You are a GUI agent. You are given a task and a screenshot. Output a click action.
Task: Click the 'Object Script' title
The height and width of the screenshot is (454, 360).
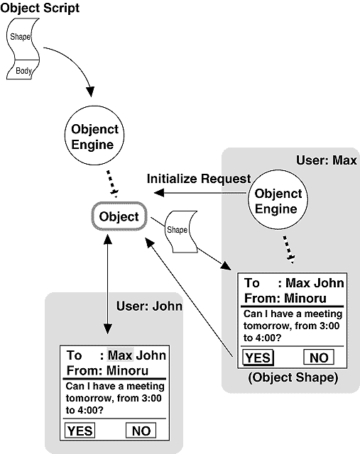point(40,8)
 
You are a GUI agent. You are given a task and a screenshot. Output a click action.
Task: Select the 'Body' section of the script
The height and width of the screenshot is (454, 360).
point(23,70)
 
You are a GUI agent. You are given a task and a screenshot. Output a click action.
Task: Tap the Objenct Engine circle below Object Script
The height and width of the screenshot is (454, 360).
point(94,135)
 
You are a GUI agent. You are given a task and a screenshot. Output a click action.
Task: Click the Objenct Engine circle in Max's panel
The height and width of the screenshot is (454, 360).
point(278,200)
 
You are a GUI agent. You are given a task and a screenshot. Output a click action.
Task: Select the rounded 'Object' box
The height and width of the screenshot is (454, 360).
point(119,216)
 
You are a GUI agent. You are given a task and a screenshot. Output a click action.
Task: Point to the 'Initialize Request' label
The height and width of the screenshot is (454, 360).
point(199,179)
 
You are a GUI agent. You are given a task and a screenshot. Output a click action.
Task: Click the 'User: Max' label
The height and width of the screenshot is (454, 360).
point(327,160)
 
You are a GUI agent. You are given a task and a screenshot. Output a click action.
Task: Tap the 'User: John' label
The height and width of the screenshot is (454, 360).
point(149,306)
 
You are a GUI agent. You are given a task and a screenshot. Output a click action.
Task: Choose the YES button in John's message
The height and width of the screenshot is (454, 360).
point(80,431)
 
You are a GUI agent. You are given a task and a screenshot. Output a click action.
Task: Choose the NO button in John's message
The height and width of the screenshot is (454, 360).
point(141,431)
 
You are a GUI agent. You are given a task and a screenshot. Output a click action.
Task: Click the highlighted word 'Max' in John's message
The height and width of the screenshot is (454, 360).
point(120,355)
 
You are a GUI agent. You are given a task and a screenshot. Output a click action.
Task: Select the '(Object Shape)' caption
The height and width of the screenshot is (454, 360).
point(293,377)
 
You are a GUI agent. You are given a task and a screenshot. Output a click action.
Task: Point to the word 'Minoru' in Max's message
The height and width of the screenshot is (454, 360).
point(305,298)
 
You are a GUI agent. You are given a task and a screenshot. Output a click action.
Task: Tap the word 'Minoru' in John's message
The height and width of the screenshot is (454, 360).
point(128,370)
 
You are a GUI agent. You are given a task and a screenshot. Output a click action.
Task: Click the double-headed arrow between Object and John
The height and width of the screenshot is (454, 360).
point(107,284)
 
